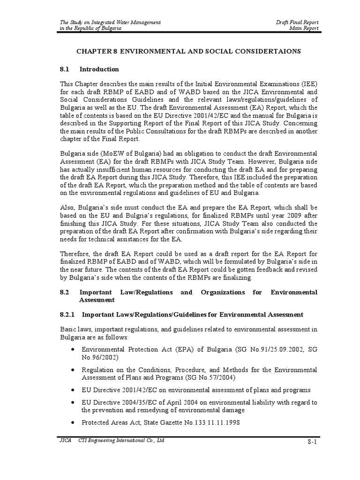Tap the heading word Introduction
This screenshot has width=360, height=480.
tap(99, 69)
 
